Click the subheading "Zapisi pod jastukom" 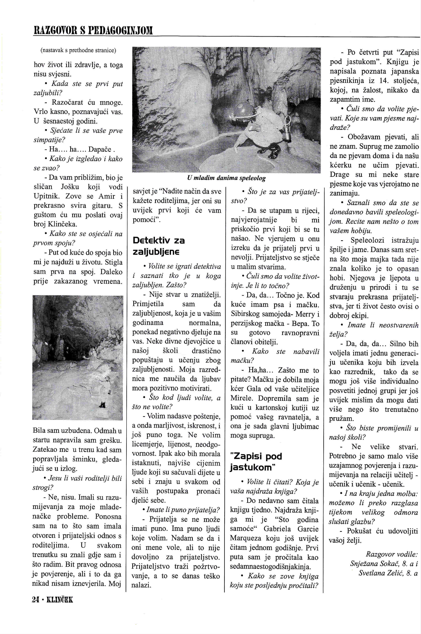pyautogui.click(x=256, y=462)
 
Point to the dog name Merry pyautogui.click(x=306, y=314)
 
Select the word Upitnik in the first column pyautogui.click(x=48, y=196)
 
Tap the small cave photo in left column pyautogui.click(x=78, y=357)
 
